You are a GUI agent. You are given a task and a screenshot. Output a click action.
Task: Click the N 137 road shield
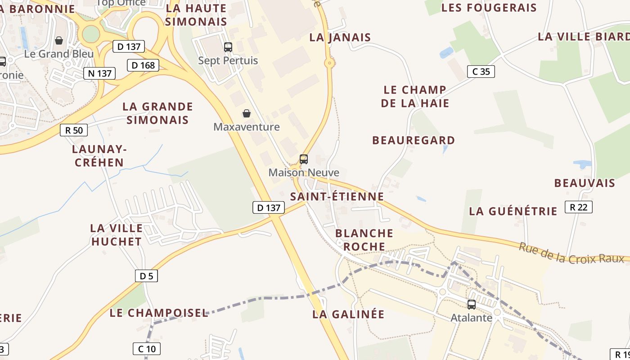point(99,73)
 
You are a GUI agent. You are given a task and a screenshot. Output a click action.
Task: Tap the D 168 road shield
point(144,65)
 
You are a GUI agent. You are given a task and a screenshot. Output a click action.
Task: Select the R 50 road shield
point(74,130)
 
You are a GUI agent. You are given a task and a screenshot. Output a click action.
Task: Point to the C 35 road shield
point(481,71)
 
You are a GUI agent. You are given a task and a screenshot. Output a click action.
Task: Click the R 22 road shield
point(579,207)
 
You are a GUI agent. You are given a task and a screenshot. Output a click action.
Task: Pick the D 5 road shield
point(146,276)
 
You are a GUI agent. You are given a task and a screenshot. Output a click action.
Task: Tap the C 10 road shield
point(147,348)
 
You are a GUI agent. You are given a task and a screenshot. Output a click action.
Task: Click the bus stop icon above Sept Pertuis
point(228,47)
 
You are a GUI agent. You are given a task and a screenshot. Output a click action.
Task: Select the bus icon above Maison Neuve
point(304,159)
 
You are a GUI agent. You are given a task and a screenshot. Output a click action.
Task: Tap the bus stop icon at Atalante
point(472,304)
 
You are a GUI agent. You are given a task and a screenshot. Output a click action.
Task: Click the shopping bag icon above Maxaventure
point(247,113)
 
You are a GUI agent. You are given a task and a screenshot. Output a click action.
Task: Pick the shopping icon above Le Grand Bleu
point(59,40)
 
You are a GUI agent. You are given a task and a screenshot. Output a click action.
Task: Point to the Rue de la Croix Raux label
point(571,253)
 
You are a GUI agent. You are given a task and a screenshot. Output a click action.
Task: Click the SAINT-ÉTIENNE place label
point(337,197)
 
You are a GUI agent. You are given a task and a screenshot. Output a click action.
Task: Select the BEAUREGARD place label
point(414,140)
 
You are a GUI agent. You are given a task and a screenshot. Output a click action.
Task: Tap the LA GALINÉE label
point(348,314)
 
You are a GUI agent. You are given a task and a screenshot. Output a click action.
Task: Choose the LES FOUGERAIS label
point(489,8)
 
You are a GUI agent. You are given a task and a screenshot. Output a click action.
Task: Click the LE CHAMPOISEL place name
point(159,313)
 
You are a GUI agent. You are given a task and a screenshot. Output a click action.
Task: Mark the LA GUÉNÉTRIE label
point(513,211)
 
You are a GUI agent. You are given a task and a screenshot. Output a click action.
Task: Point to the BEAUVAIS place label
point(585,183)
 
